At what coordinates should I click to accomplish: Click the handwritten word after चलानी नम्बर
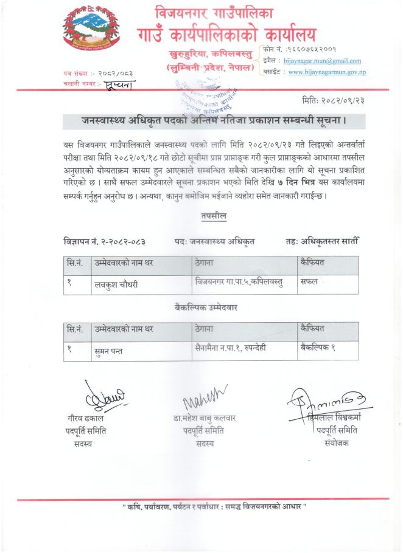coord(120,84)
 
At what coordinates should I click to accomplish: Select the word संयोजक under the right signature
coord(338,444)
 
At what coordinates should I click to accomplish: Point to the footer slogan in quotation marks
coord(214,506)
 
